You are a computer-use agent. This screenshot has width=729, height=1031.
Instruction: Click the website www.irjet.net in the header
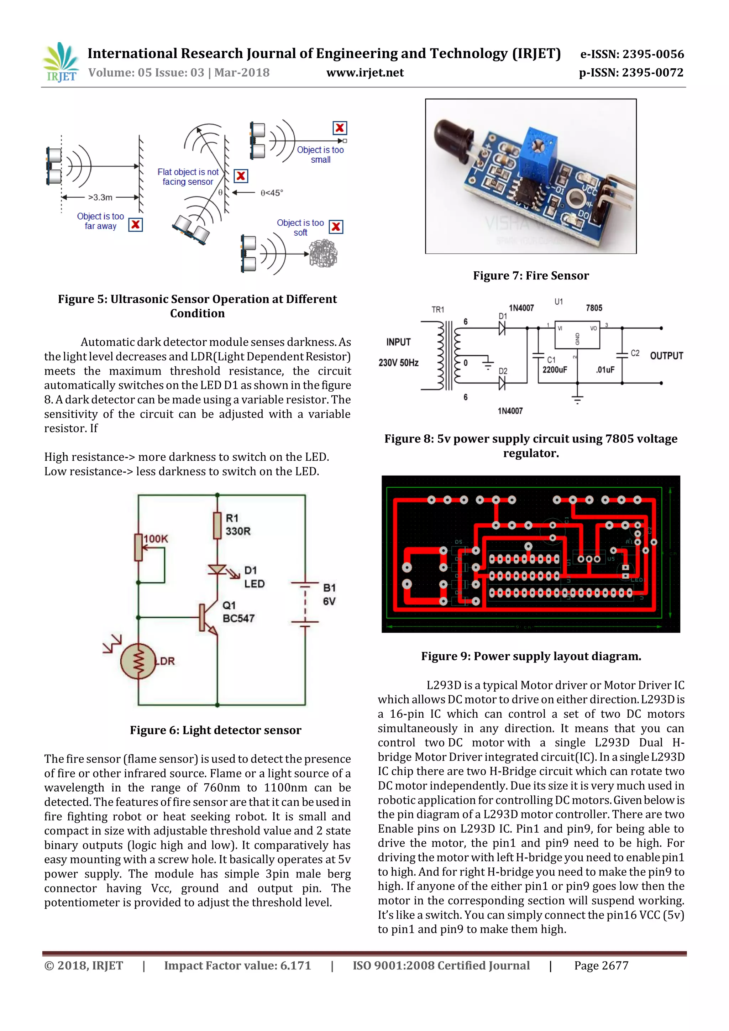pos(364,73)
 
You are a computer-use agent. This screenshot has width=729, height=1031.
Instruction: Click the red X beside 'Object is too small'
pos(340,128)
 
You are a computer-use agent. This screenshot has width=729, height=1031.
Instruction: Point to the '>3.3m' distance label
pos(100,197)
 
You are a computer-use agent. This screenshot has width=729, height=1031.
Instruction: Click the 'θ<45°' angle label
pos(272,193)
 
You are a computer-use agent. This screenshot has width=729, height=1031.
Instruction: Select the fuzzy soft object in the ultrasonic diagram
pos(323,253)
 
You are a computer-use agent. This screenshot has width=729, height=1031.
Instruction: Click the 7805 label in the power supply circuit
pos(593,308)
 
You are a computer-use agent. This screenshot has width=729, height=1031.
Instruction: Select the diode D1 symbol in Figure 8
pos(502,329)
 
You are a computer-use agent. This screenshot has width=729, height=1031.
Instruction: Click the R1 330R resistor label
pos(237,524)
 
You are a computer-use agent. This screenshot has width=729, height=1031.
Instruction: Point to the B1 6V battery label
pos(329,594)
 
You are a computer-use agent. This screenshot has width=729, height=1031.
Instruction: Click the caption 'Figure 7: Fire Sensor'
pos(531,276)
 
